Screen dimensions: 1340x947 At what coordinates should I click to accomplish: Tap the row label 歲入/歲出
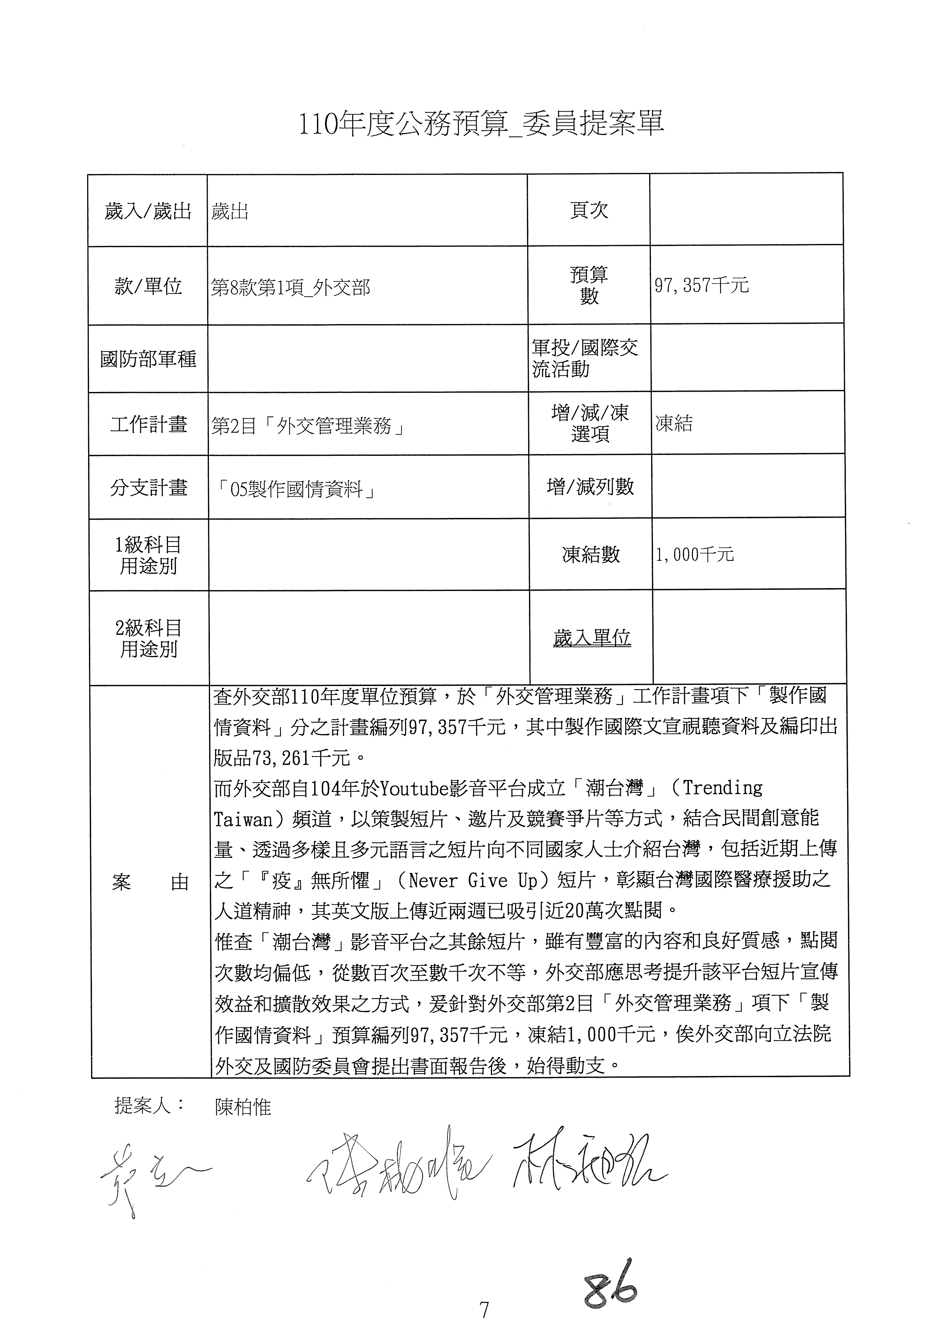148,211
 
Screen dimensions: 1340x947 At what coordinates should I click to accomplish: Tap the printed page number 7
484,1310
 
